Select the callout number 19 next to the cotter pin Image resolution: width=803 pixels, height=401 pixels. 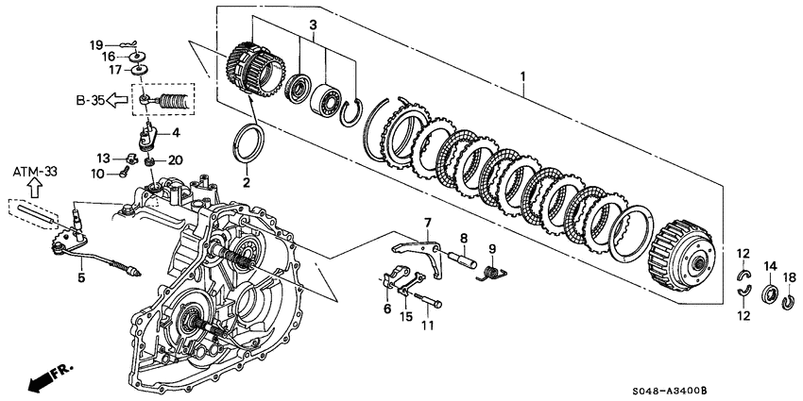pyautogui.click(x=95, y=44)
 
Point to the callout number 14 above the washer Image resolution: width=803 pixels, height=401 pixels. pyautogui.click(x=769, y=266)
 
